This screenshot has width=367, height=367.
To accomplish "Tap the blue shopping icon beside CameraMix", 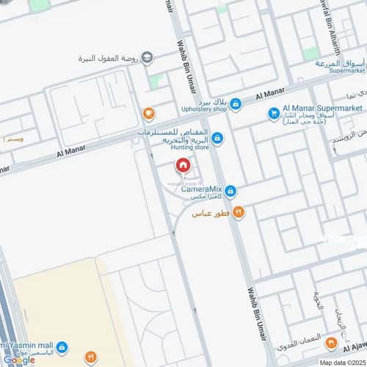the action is tap(230, 192).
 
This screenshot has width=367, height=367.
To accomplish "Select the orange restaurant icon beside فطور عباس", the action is tap(239, 213).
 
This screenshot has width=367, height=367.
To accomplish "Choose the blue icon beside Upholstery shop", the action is tap(236, 105).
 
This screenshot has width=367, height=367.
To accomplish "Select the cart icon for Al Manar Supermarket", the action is tap(273, 113).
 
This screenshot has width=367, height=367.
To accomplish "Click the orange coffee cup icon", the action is tap(148, 113).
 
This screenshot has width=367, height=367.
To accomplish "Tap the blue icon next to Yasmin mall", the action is tap(63, 346).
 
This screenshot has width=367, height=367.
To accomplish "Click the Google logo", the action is tap(18, 360).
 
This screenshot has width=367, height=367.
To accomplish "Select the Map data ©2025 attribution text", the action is tap(341, 363).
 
